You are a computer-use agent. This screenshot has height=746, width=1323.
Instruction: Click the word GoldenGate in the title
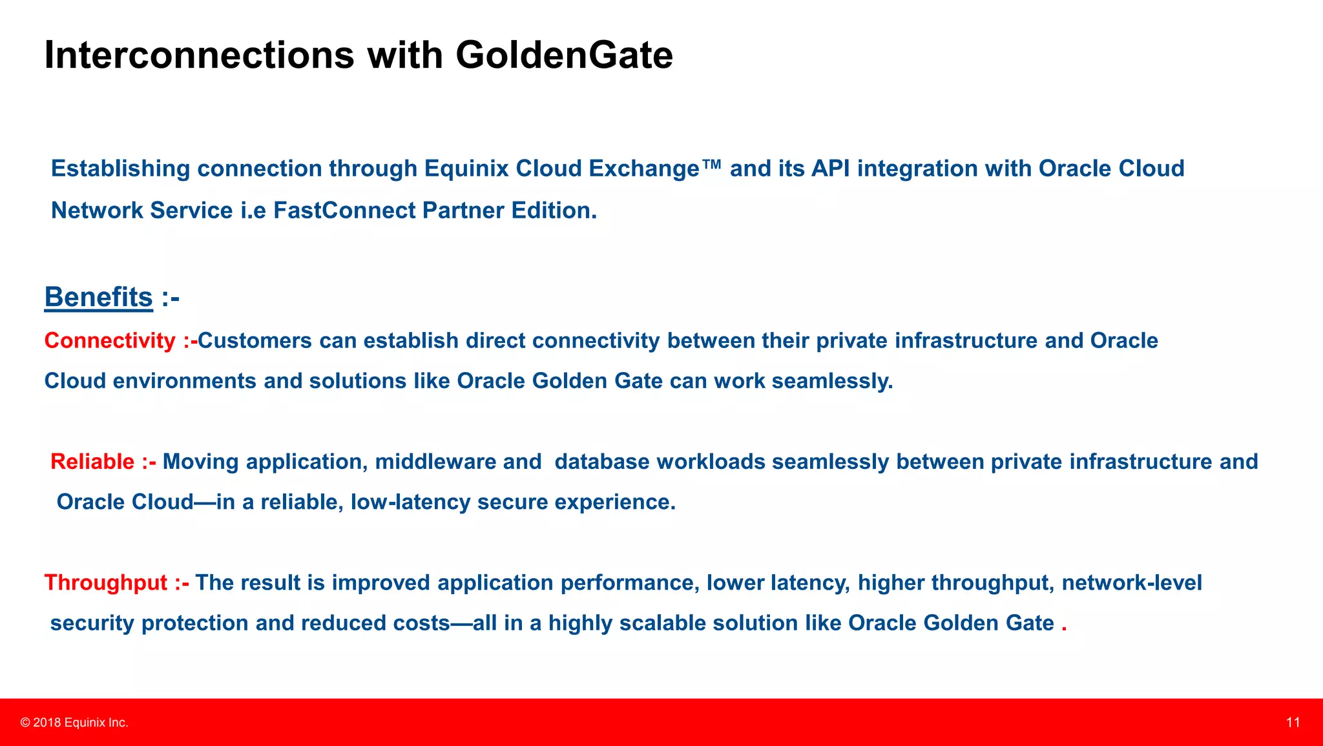(x=564, y=56)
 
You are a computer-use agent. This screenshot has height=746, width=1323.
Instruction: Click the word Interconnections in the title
(x=199, y=56)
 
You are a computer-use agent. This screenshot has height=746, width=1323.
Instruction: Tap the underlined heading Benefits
(x=98, y=298)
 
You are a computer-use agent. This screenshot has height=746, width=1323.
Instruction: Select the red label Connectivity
(x=110, y=341)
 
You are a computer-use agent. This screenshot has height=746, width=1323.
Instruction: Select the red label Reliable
(x=92, y=462)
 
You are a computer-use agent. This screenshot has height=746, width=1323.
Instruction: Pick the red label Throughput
(x=106, y=583)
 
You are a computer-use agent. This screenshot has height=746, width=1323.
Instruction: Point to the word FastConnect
(x=344, y=211)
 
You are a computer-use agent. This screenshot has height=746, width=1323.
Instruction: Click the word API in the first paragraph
(x=830, y=169)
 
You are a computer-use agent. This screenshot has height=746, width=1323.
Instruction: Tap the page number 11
(x=1293, y=723)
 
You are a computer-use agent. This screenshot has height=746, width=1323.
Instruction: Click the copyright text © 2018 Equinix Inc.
(x=74, y=723)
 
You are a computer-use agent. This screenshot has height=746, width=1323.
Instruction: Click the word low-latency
(x=410, y=502)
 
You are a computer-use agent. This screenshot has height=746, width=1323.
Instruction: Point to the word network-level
(x=1131, y=583)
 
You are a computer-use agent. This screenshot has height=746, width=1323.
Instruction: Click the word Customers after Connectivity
(x=255, y=341)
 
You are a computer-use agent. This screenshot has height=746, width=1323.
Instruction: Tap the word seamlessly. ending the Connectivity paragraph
(x=832, y=381)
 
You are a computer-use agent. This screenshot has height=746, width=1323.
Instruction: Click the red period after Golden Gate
(x=1064, y=625)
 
